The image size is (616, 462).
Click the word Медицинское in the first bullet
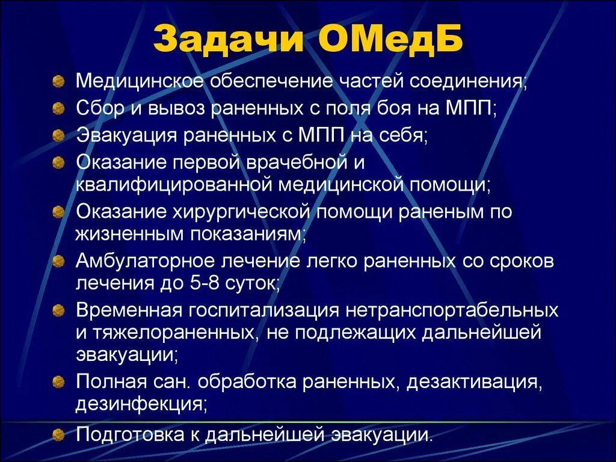(140, 81)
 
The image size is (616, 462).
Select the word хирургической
(241, 212)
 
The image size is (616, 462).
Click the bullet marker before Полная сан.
(58, 381)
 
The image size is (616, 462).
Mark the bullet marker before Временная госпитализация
(58, 310)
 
